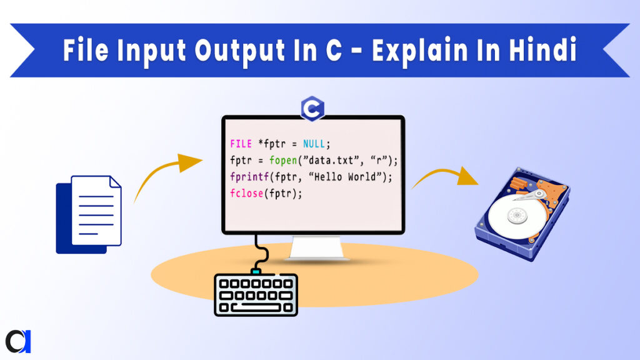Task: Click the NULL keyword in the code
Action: pyautogui.click(x=312, y=144)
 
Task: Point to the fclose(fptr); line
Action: pyautogui.click(x=266, y=194)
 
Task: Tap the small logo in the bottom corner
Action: pyautogui.click(x=18, y=340)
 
